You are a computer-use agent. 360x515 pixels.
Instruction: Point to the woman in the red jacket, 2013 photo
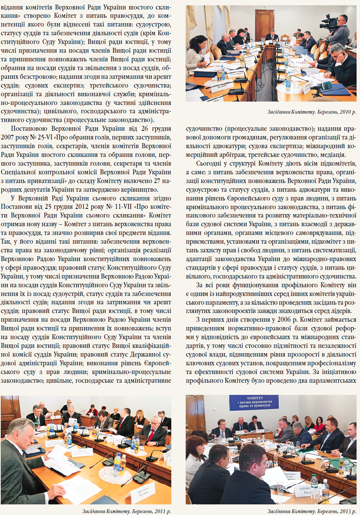point(319,426)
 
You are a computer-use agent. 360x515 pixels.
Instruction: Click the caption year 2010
point(345,112)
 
